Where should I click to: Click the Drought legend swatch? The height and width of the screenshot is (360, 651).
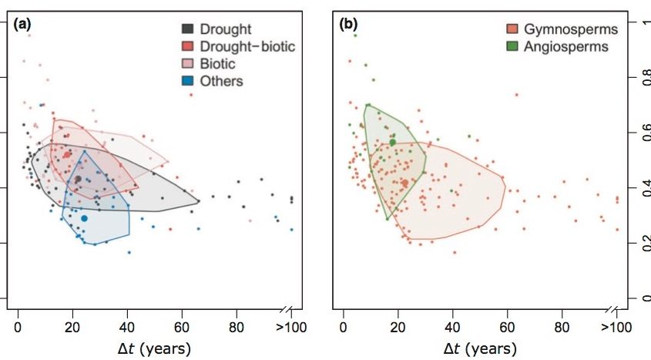coord(187,29)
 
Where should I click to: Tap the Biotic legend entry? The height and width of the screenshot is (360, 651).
coord(218,64)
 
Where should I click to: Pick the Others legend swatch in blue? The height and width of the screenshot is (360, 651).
coord(187,81)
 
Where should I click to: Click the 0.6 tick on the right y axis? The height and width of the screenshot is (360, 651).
coord(642,133)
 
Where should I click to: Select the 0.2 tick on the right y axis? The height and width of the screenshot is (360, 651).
coord(642,244)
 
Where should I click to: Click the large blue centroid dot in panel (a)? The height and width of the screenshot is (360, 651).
coord(84,219)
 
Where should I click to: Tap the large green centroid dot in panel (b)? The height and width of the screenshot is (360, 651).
coord(392,143)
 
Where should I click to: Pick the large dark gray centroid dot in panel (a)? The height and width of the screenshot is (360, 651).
coord(78,179)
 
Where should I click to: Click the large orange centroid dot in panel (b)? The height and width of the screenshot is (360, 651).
coord(404,183)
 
